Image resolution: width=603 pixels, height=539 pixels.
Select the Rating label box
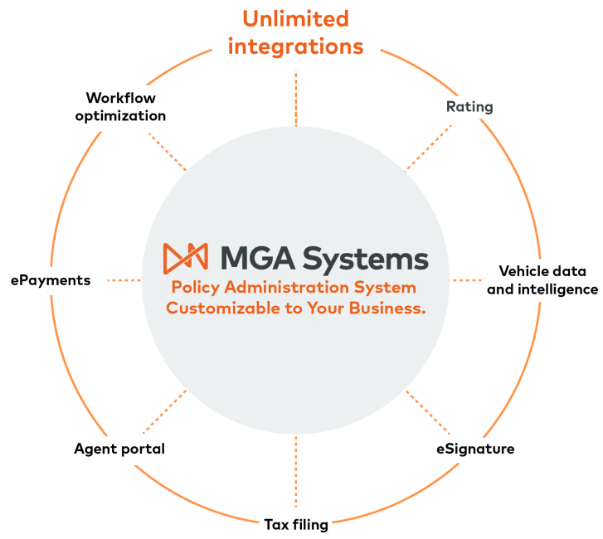coord(469,107)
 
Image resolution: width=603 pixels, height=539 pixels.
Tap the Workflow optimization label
coord(120,108)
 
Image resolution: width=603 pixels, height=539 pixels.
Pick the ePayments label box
coord(50,280)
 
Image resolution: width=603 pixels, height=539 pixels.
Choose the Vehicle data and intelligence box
coord(542,280)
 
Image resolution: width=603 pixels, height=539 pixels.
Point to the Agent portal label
coord(119,449)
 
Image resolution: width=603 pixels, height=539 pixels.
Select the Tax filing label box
coord(296,524)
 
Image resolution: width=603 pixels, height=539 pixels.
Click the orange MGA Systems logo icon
coord(185,259)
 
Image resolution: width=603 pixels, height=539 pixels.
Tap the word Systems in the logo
coord(365,259)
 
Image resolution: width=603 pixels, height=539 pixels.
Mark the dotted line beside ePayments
coord(124,280)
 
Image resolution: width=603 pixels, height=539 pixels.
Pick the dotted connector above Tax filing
coord(296,473)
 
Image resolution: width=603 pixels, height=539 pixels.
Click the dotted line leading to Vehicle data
coord(465,280)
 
